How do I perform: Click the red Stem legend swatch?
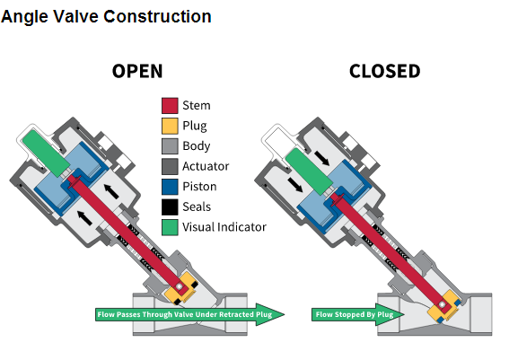pyautogui.click(x=170, y=106)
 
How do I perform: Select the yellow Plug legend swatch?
pyautogui.click(x=170, y=126)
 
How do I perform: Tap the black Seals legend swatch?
pyautogui.click(x=170, y=206)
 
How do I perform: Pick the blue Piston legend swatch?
pyautogui.click(x=170, y=187)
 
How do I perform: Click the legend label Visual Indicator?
pyautogui.click(x=224, y=227)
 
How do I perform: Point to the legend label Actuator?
pyautogui.click(x=206, y=166)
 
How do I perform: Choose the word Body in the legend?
pyautogui.click(x=197, y=146)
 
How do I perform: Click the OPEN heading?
pyautogui.click(x=137, y=71)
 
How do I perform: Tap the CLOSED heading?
pyautogui.click(x=385, y=71)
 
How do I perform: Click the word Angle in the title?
pyautogui.click(x=24, y=17)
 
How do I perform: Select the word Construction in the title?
pyautogui.click(x=158, y=16)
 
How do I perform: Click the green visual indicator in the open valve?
pyautogui.click(x=46, y=153)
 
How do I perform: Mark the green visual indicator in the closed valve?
pyautogui.click(x=310, y=171)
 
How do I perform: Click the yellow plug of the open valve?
pyautogui.click(x=181, y=288)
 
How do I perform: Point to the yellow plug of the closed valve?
pyautogui.click(x=443, y=306)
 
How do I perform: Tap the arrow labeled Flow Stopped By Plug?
pyautogui.click(x=357, y=314)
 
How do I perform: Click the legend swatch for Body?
pyautogui.click(x=170, y=146)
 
